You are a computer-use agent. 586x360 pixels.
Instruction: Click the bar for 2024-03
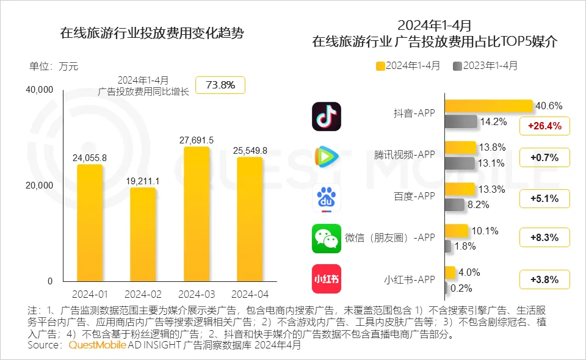pos(197,214)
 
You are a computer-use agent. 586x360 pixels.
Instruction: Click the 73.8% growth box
pos(220,85)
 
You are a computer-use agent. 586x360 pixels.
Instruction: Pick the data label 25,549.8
pos(250,149)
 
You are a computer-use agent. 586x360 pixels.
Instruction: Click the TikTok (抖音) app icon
pos(327,117)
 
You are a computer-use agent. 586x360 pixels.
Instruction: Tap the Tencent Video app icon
pos(327,157)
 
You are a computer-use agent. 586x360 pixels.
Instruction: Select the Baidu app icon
pos(327,198)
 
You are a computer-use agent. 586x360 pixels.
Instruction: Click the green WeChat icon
pos(327,239)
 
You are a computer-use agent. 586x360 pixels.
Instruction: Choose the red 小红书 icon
pos(327,279)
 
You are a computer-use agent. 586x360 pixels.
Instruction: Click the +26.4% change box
pos(544,126)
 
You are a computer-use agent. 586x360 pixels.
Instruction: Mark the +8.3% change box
pos(544,237)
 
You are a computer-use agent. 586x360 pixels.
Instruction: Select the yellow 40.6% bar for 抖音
pos(488,106)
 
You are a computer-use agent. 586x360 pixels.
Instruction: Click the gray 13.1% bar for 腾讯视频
pos(459,163)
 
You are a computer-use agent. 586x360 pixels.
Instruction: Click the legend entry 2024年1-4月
pos(408,66)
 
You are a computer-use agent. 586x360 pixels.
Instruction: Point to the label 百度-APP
pos(414,196)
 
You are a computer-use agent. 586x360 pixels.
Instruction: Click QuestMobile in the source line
pos(97,345)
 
